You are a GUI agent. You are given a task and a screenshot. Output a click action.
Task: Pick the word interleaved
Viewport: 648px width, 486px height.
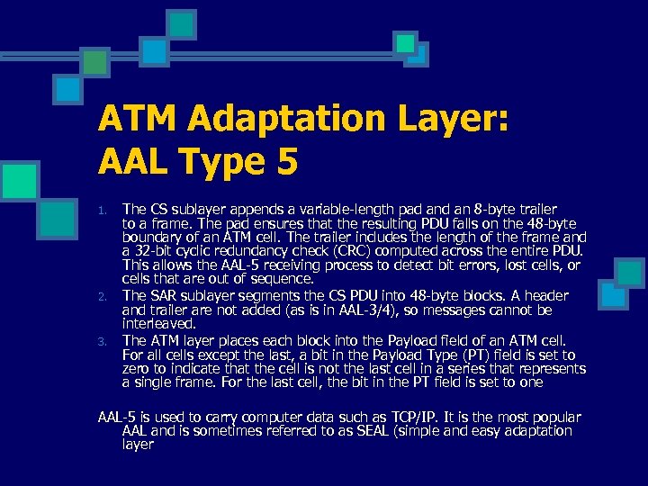click(x=158, y=323)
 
